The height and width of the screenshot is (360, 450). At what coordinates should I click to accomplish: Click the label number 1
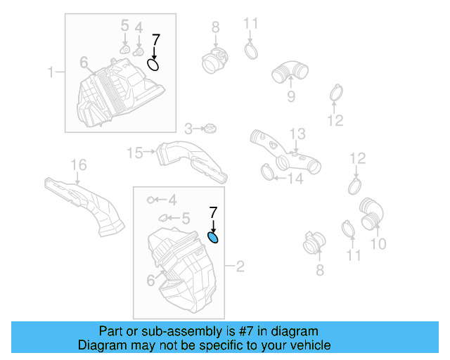(x=51, y=72)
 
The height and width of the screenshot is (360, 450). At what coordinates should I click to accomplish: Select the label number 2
(x=240, y=266)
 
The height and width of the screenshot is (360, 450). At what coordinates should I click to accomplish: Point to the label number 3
(x=188, y=129)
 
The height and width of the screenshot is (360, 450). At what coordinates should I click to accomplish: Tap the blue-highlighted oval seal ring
(x=214, y=237)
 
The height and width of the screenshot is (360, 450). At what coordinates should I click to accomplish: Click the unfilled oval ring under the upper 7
(x=153, y=65)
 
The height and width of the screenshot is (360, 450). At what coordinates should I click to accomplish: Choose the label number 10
(x=378, y=244)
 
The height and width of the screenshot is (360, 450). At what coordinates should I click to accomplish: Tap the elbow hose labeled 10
(x=371, y=213)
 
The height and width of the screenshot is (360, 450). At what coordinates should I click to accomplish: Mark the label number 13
(x=298, y=133)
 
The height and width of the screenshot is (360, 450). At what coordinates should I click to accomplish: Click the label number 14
(x=295, y=179)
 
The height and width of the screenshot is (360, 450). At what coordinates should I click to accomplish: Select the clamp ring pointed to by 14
(x=267, y=170)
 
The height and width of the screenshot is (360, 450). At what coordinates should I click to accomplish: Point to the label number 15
(x=134, y=152)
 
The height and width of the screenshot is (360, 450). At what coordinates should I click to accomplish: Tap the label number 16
(x=78, y=165)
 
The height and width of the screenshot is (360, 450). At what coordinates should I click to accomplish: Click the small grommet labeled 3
(x=209, y=129)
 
